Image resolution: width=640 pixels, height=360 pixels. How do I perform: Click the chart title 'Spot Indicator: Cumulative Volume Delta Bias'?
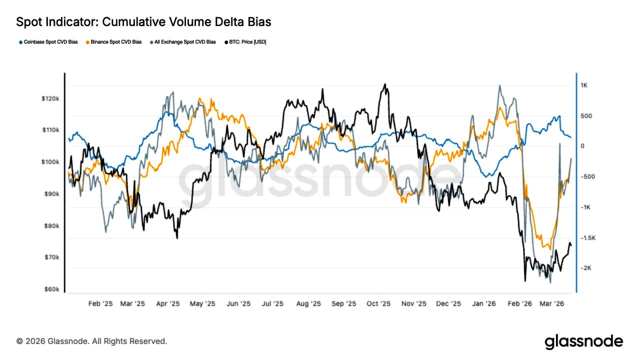pos(144,22)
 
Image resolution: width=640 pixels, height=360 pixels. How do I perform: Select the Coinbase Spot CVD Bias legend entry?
pos(48,42)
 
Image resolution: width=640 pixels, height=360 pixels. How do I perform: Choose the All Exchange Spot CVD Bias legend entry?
pos(182,42)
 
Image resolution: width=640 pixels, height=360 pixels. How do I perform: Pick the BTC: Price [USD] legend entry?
pos(245,42)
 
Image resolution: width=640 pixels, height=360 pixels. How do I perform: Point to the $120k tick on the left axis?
pos(50,98)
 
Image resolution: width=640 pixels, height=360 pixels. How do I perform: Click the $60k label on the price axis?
pos(51,289)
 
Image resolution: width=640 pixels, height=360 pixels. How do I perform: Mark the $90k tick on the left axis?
pos(51,194)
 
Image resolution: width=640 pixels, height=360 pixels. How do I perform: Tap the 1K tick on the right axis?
pos(583,85)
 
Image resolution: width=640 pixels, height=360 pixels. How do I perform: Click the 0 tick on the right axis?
pos(582,146)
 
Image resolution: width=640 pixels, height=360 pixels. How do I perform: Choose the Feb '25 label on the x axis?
pos(101,303)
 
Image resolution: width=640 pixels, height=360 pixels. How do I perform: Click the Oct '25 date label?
pos(378,303)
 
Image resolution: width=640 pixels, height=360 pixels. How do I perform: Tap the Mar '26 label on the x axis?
pos(553,303)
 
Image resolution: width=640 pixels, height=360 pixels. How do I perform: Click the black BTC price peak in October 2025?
pos(384,84)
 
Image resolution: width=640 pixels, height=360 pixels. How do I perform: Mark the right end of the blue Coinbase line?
pos(571,137)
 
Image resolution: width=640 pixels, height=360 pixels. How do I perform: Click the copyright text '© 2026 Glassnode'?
pos(91,341)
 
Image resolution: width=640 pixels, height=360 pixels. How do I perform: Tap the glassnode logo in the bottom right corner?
pos(583,341)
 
